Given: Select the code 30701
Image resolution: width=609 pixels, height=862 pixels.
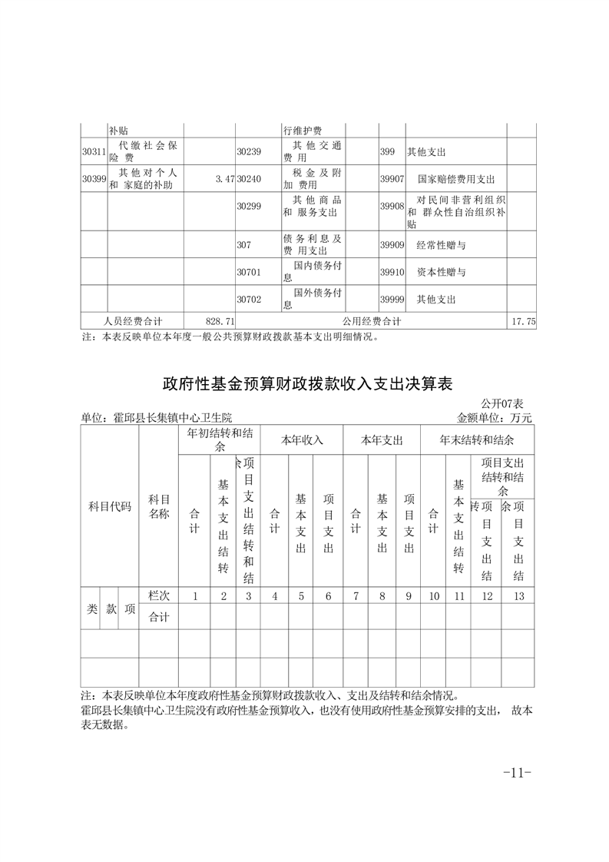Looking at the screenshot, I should pos(249,272).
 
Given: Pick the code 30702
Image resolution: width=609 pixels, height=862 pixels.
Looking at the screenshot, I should pos(249,299).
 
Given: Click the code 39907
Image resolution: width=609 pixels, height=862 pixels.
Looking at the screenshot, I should pos(392,179).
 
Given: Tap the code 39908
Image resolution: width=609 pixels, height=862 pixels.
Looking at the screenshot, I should pos(392,206).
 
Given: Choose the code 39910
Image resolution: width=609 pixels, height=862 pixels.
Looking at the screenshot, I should pos(392,272).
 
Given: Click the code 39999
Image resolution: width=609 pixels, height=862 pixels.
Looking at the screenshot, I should pos(392,299).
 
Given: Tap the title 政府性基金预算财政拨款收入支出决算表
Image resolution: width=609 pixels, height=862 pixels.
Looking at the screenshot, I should pos(309,383).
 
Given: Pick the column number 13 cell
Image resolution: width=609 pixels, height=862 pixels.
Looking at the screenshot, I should pos(518,595).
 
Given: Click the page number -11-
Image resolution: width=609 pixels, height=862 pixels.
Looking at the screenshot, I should pos(517,772).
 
